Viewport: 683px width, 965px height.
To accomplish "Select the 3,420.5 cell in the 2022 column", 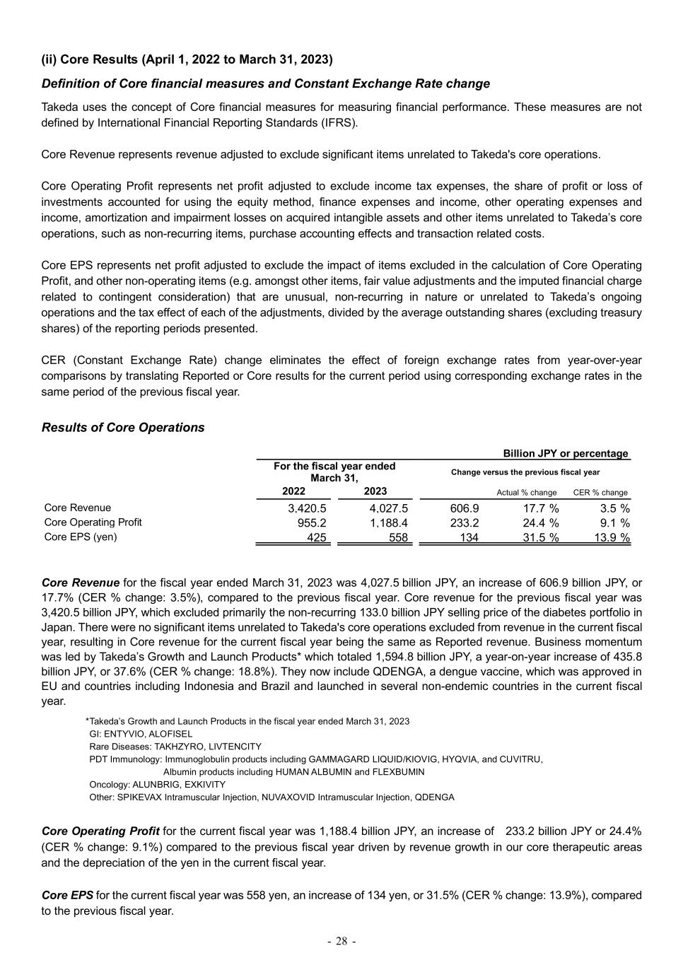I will (307, 508).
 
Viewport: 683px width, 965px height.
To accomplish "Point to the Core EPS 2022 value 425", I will (316, 538).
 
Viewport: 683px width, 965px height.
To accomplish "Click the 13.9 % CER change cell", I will (612, 538).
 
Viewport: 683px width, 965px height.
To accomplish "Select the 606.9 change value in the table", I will (464, 508).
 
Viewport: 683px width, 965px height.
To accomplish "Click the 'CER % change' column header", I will (600, 493).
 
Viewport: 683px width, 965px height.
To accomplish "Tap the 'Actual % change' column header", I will (527, 493).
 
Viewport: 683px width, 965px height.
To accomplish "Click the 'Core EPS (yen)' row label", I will (81, 537).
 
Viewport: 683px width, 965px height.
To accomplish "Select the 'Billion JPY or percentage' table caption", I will (565, 454).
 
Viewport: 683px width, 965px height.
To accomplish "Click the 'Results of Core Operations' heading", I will (123, 428).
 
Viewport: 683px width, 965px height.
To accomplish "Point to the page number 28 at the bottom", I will (341, 941).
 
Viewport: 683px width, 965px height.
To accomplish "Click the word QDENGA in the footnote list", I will (433, 797).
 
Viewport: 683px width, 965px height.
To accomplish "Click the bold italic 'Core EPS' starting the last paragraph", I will (68, 895).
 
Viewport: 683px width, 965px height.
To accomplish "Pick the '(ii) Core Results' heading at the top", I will (187, 59).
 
